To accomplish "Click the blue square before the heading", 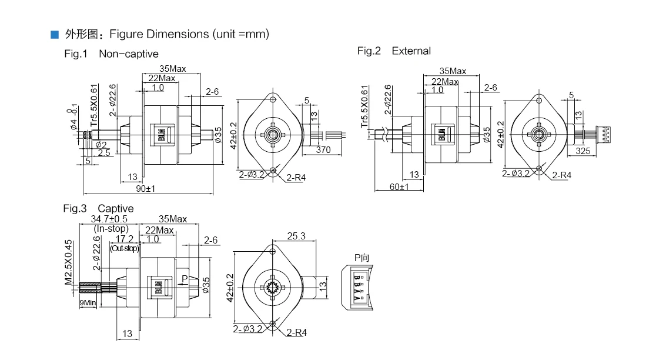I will click(x=55, y=35).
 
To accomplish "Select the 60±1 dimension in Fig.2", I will click(x=399, y=186).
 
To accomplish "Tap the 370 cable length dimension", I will click(x=323, y=150).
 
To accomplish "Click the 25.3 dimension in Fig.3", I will click(x=296, y=236).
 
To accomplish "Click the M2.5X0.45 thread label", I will click(x=68, y=262).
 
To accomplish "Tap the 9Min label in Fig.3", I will click(x=88, y=304).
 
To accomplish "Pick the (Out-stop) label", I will click(x=124, y=248).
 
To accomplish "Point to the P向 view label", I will click(x=362, y=258).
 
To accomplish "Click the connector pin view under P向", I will click(x=358, y=286).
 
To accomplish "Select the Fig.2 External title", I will click(x=394, y=51).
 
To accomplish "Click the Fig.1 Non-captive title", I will click(x=111, y=54).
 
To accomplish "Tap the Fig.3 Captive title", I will click(x=98, y=208).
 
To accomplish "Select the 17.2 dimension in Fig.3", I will click(x=124, y=239).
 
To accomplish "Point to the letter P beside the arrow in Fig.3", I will click(x=185, y=278).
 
